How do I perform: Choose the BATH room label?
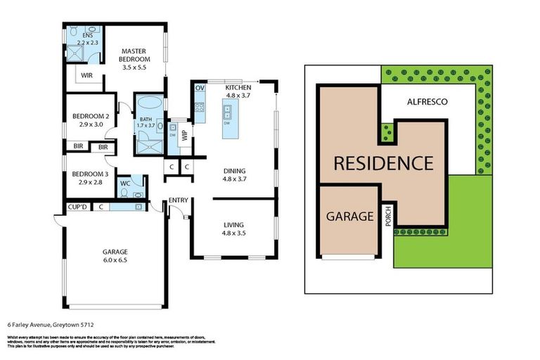click(x=146, y=120)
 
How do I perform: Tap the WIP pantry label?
click(x=185, y=136)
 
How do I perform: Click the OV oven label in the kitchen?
click(x=199, y=88)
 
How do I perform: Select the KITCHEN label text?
click(x=237, y=87)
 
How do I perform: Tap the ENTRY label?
click(x=178, y=201)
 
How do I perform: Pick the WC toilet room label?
click(x=124, y=184)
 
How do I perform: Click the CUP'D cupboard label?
click(x=77, y=206)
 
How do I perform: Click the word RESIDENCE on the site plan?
click(x=382, y=164)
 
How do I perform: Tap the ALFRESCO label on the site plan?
click(x=427, y=101)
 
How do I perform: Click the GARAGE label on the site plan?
click(x=349, y=217)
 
